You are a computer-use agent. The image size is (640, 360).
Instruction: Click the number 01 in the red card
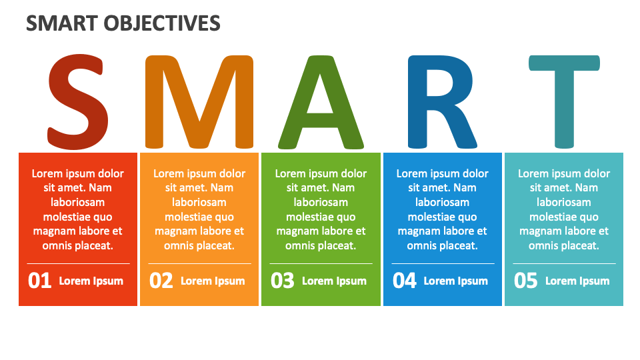40,281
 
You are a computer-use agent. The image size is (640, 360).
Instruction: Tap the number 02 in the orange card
161,281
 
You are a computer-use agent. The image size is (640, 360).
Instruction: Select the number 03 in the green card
283,281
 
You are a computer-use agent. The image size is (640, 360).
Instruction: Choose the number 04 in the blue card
405,281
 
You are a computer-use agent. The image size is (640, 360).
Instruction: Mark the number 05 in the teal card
526,281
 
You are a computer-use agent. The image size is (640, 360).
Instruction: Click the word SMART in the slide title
61,24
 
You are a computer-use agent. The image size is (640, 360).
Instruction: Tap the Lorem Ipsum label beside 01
91,281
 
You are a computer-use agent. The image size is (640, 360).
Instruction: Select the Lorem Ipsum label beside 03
334,281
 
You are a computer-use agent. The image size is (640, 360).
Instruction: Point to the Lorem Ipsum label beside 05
577,281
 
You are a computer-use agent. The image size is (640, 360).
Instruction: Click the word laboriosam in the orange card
199,202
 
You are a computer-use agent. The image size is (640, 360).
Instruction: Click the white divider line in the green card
321,264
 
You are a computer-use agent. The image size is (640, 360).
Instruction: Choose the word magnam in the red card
54,231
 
